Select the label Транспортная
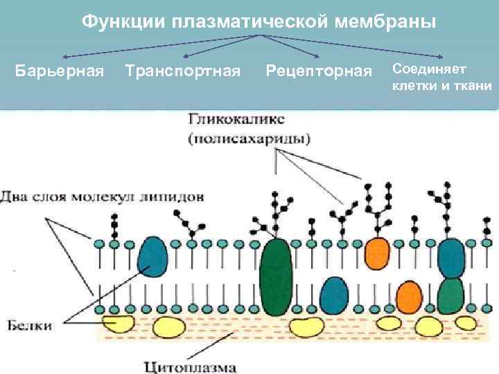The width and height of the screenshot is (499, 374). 183,71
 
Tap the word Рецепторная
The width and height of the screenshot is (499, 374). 319,71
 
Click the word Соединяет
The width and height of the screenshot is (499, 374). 429,69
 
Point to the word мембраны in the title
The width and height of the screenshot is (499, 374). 392,21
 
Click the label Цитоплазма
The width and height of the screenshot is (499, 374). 191,366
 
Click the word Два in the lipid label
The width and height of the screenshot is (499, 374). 17,197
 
